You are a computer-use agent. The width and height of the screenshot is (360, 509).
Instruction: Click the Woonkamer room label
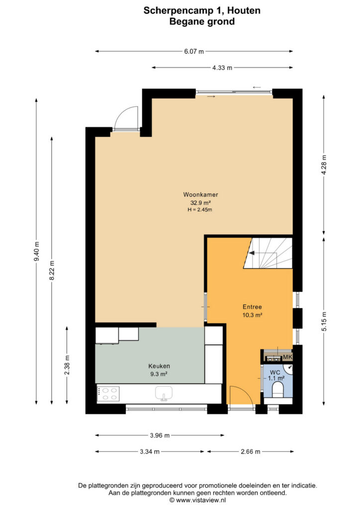point(200,195)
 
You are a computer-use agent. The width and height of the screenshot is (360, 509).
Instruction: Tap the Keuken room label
point(159,366)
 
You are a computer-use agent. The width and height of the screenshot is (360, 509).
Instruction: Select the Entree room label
point(252,307)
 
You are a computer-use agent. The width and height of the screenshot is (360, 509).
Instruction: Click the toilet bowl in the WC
point(278,389)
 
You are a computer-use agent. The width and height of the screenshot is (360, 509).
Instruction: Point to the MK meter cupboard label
point(287,357)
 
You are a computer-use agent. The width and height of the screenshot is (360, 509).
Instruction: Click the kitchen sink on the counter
point(164,394)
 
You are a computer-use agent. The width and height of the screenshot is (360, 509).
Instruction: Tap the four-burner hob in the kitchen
point(108,394)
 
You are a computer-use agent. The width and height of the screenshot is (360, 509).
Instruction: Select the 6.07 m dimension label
point(194,51)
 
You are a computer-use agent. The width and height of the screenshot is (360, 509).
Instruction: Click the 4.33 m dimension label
point(222,68)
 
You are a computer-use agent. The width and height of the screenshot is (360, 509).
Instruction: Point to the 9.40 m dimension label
point(37,251)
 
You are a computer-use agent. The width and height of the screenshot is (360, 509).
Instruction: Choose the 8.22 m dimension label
point(52,270)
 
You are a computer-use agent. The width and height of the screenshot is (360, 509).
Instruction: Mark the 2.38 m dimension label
point(67,365)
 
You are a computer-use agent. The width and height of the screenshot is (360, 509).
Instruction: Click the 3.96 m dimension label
point(160,435)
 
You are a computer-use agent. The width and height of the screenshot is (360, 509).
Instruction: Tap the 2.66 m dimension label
point(251,451)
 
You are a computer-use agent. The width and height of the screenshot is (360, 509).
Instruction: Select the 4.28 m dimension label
point(324,165)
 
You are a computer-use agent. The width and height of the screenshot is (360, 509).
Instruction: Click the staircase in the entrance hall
point(268,253)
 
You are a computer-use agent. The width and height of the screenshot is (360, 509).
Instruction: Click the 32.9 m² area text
point(200,203)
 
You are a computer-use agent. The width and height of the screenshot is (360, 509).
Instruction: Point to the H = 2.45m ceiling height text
point(199,210)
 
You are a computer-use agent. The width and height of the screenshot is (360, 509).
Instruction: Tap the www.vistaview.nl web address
point(200,500)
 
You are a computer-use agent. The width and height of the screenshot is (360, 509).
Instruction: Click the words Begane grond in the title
point(202,22)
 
